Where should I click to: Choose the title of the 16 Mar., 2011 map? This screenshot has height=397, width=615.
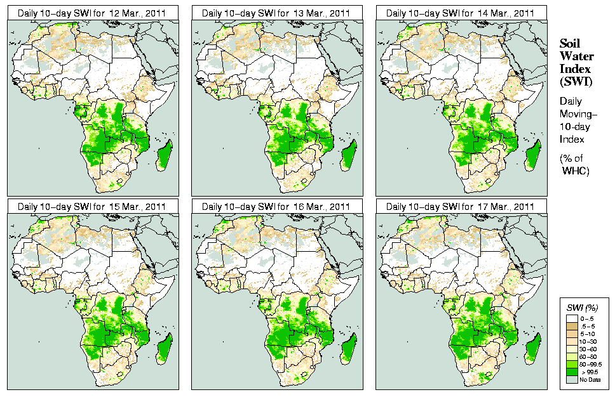click(276, 206)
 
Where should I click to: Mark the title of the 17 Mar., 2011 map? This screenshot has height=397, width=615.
click(461, 206)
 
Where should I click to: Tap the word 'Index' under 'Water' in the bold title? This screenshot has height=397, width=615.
click(575, 68)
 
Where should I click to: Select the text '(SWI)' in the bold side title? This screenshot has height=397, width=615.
click(575, 81)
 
